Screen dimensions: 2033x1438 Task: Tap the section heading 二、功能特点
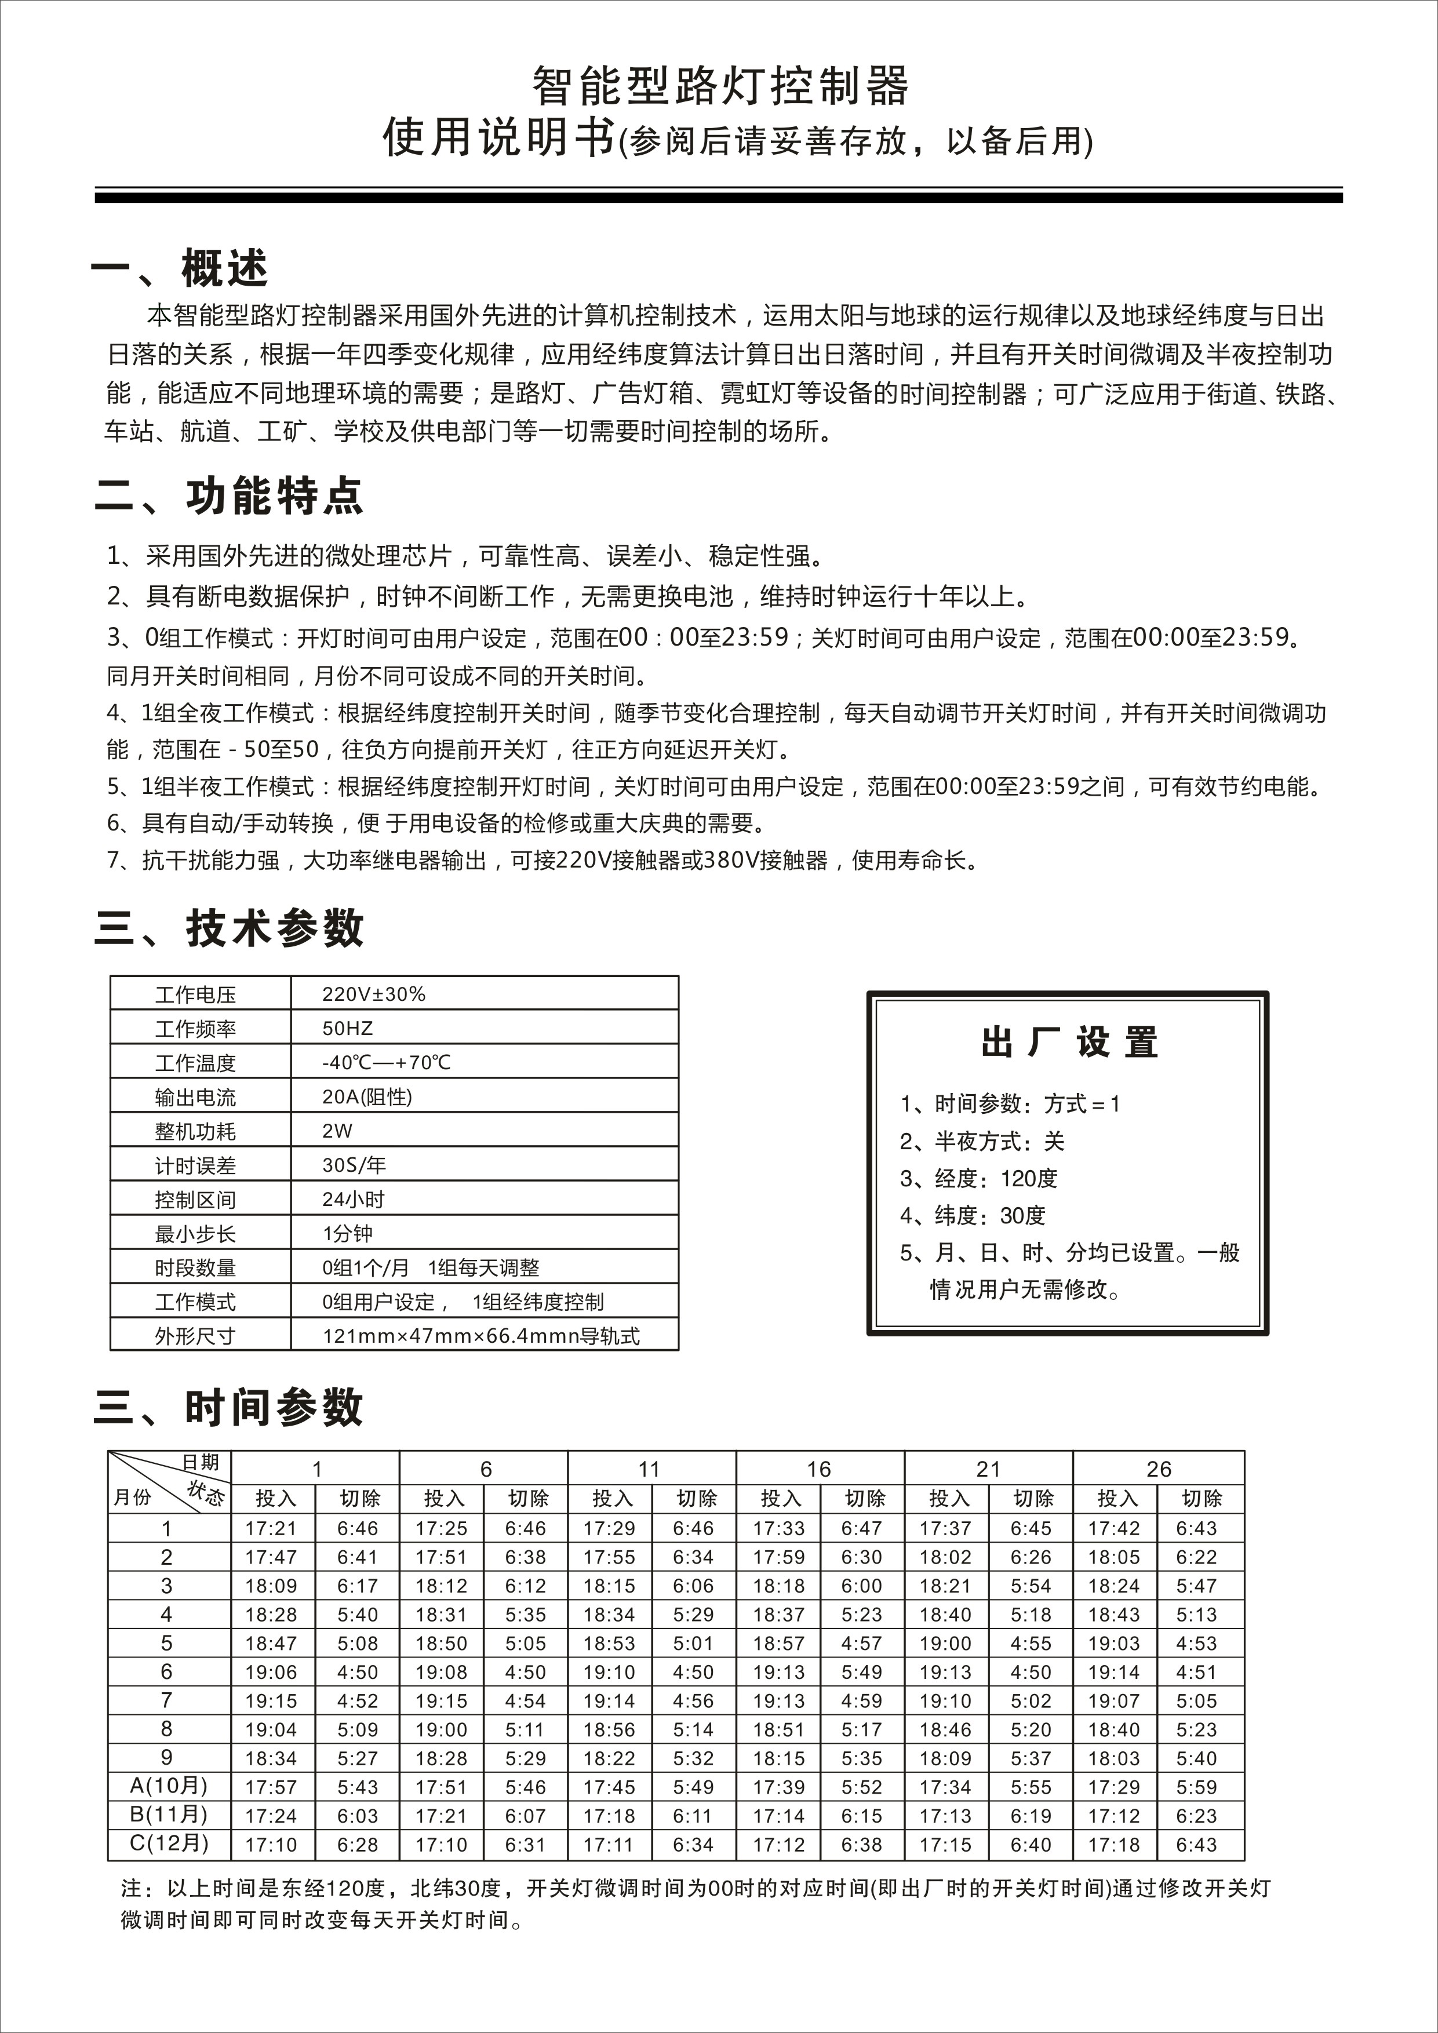tap(228, 496)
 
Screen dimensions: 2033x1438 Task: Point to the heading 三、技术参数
tap(228, 928)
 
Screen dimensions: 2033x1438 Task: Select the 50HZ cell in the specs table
tap(347, 1028)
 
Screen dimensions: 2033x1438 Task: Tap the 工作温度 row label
tap(196, 1062)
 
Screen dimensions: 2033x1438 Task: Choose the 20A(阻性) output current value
tap(366, 1097)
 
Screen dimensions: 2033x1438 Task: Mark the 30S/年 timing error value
tap(354, 1165)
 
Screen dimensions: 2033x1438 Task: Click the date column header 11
tap(649, 1470)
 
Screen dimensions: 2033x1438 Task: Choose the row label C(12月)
tap(168, 1843)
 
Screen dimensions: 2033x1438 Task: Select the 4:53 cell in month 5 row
tap(1196, 1644)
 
